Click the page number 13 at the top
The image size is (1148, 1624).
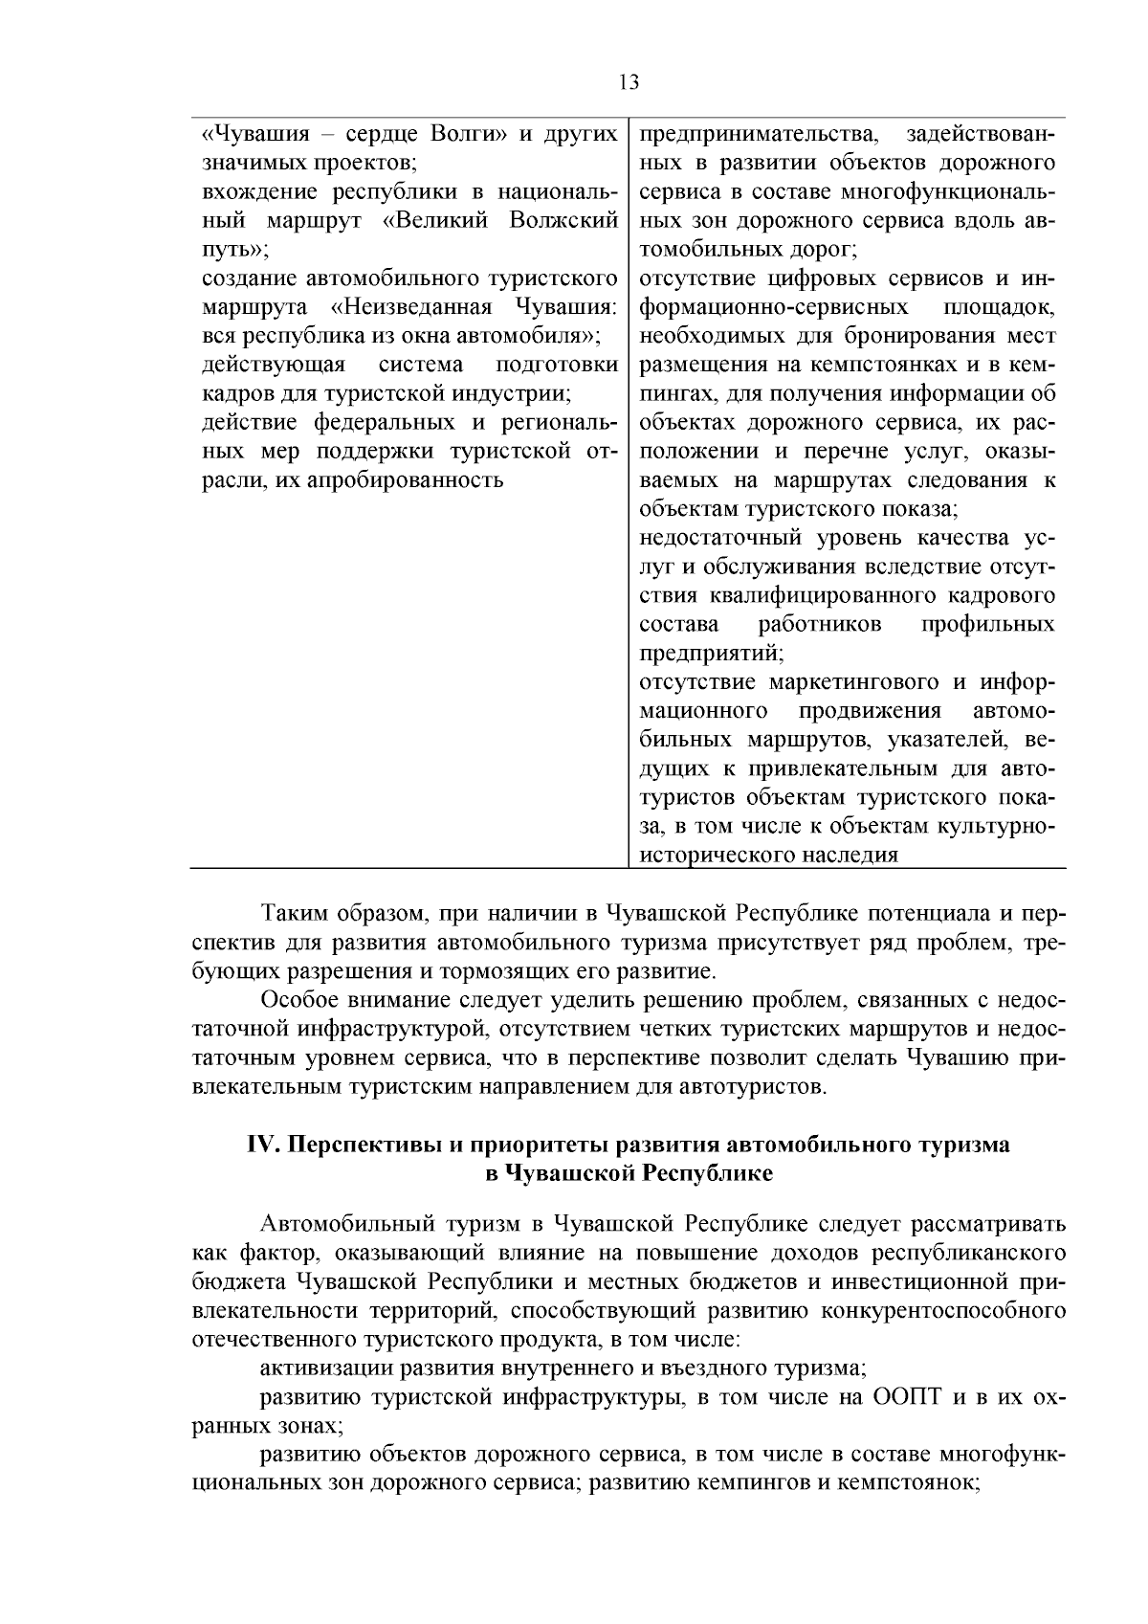[x=629, y=81]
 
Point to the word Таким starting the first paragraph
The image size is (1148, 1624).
[x=290, y=914]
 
